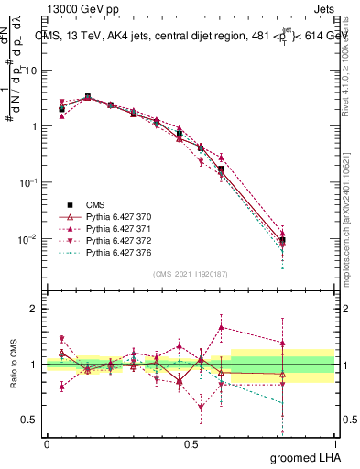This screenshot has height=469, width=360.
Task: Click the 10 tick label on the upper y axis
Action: [x=33, y=70]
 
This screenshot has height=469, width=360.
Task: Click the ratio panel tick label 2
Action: [x=34, y=309]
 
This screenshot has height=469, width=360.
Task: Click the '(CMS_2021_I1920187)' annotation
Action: [x=190, y=274]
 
